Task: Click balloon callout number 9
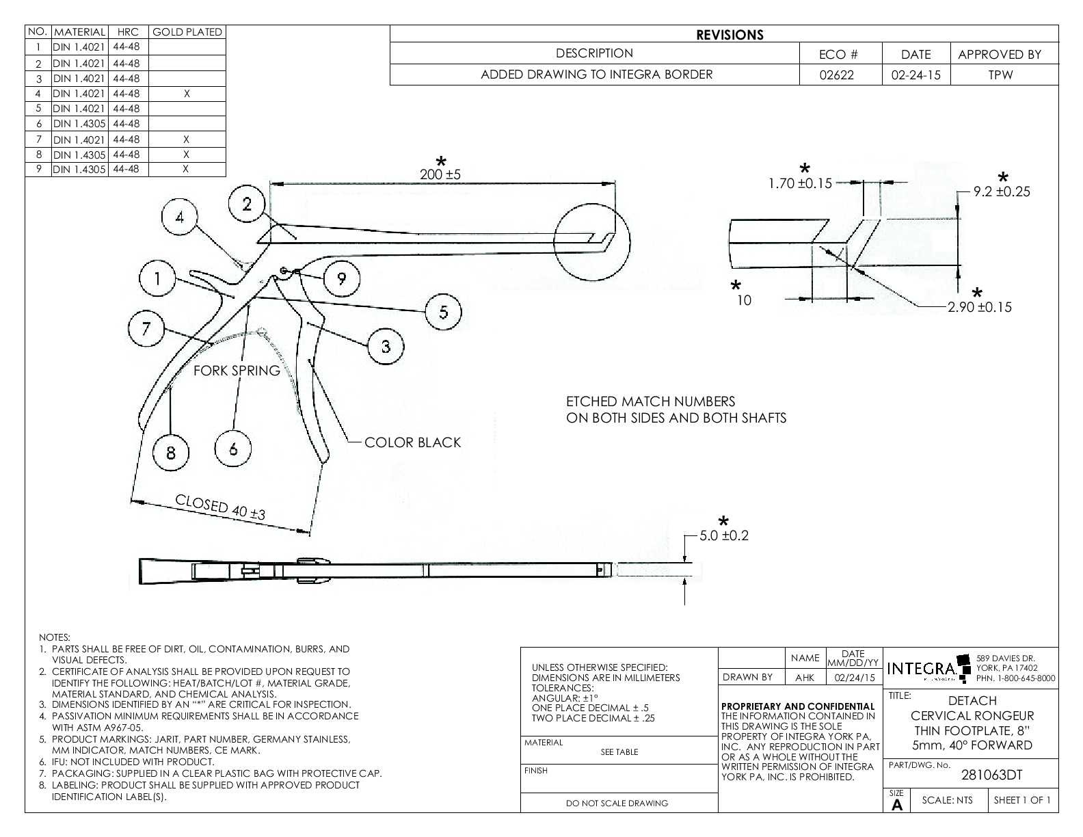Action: (x=340, y=278)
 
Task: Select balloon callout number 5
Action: (x=443, y=312)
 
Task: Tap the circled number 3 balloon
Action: (x=386, y=347)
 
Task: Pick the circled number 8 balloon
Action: (x=170, y=452)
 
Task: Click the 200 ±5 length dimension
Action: (x=440, y=174)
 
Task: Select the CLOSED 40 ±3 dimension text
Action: (x=220, y=507)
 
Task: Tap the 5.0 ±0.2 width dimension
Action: (x=724, y=535)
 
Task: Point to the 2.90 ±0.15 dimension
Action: (x=979, y=307)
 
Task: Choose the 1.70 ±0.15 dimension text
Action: (x=800, y=183)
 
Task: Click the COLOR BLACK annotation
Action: (x=412, y=442)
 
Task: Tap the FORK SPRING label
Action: (x=237, y=371)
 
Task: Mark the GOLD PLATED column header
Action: (x=187, y=32)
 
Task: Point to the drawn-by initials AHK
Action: (x=805, y=678)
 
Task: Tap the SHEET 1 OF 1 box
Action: (x=1022, y=800)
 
